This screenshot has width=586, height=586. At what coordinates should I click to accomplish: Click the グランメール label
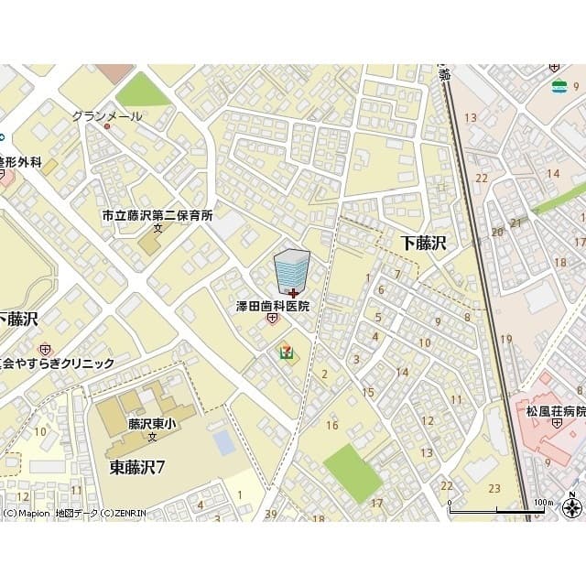[x=108, y=116]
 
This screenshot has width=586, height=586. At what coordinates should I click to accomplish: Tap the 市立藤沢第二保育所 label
[x=157, y=216]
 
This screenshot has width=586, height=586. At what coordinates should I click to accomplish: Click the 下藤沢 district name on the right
[x=423, y=242]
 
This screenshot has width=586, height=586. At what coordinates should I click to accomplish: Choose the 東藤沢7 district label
[x=137, y=467]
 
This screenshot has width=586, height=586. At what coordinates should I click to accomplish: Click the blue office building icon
[x=292, y=271]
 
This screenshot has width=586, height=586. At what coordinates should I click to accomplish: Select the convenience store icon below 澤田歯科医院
[x=288, y=352]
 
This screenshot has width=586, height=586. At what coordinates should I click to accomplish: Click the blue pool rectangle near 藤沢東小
[x=223, y=442]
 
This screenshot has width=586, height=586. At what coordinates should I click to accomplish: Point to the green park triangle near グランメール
[x=142, y=91]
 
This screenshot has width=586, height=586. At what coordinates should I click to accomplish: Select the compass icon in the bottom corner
[x=573, y=508]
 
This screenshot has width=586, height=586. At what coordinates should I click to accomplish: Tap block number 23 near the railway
[x=494, y=488]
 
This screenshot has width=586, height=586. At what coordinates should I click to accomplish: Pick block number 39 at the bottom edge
[x=270, y=515]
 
